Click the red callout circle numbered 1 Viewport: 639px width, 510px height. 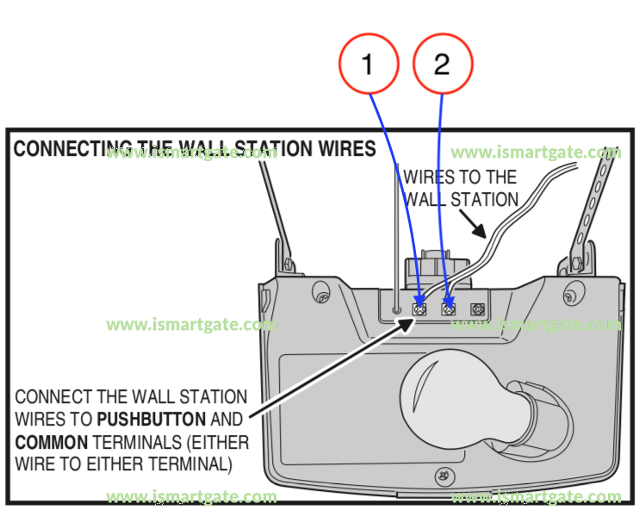(369, 65)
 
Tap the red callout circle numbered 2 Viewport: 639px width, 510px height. (443, 65)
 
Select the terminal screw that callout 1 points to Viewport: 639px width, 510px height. (420, 308)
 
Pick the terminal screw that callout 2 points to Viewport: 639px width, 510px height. (448, 308)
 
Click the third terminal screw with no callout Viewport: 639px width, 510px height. (476, 308)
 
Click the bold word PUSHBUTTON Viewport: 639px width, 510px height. (152, 420)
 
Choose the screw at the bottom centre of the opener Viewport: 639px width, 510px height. (442, 474)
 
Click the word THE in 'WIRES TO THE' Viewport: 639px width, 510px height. (500, 177)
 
